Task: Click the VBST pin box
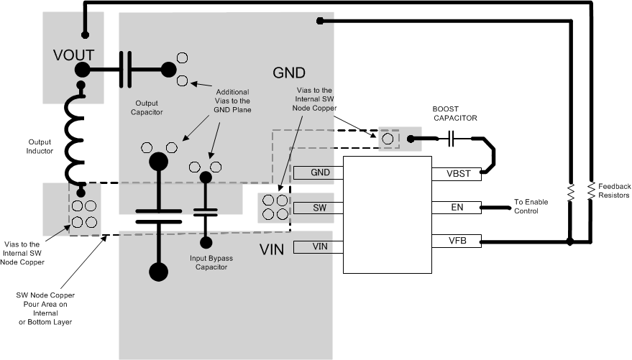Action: pos(454,173)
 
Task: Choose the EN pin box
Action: pos(454,208)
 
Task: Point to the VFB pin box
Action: pos(454,241)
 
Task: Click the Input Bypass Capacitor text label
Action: pos(209,262)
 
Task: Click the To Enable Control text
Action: pos(533,208)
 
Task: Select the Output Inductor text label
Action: pos(40,147)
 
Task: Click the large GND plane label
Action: pos(289,73)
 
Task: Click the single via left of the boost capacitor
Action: pos(389,138)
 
